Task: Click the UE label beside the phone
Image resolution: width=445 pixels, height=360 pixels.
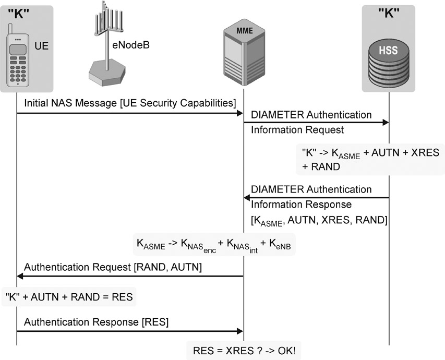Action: click(42, 46)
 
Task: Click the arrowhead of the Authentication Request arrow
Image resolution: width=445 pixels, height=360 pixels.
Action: click(20, 277)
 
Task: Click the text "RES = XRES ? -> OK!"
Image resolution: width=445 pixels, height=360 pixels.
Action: click(244, 350)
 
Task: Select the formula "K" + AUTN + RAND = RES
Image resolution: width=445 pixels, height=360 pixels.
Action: click(68, 297)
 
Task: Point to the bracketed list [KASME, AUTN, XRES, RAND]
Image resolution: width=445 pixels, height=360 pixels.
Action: click(319, 220)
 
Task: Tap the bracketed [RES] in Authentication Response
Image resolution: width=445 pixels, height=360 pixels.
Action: click(155, 321)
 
